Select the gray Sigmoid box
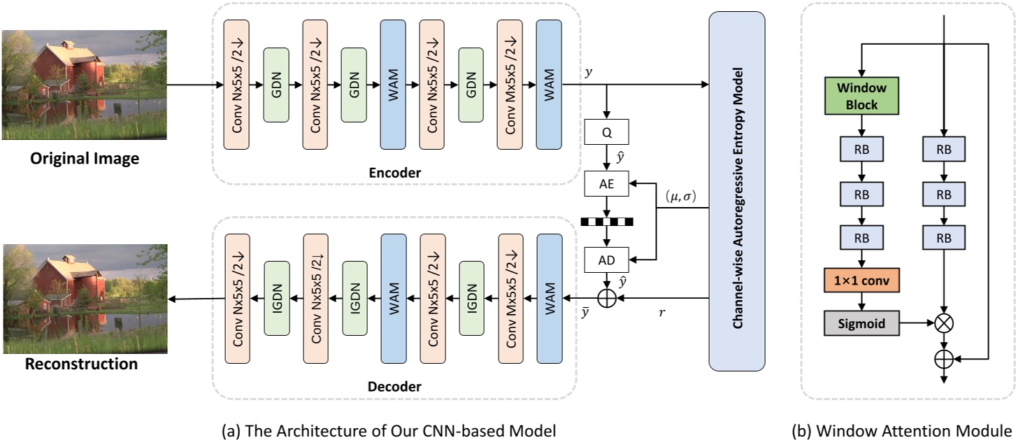click(x=861, y=324)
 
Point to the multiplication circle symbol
click(x=945, y=324)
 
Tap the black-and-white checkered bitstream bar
click(x=606, y=222)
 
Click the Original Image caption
click(x=84, y=159)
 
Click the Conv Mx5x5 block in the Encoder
click(x=510, y=85)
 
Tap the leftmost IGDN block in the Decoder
click(x=277, y=299)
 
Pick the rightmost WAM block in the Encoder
click(x=549, y=85)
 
